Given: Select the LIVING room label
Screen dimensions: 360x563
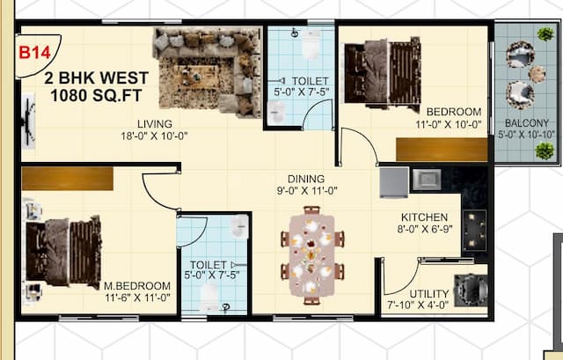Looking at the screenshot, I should coord(154,123).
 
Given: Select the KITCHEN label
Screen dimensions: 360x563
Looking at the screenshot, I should coord(425,217).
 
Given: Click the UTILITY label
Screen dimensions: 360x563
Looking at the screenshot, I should coord(429,293).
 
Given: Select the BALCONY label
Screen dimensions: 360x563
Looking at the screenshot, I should coord(527,123).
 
